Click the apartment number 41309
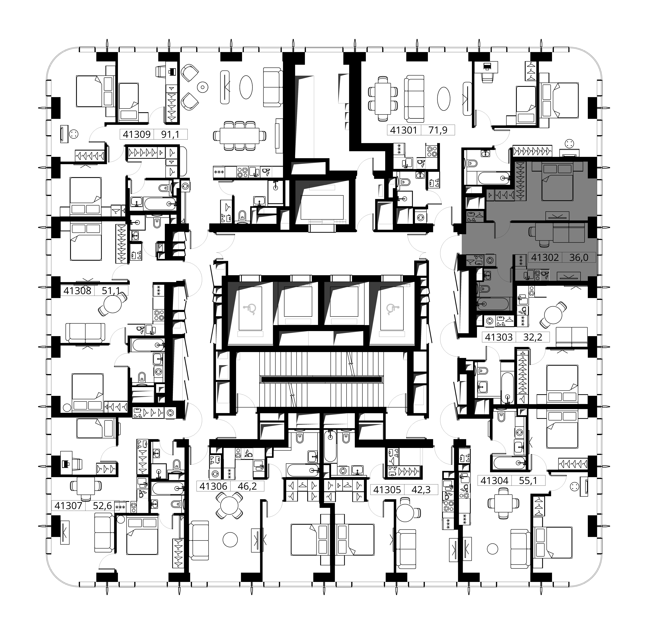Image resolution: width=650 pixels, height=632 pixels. pyautogui.click(x=137, y=134)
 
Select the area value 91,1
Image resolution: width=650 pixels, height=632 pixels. pyautogui.click(x=170, y=134)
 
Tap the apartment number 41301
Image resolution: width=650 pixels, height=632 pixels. pyautogui.click(x=403, y=130)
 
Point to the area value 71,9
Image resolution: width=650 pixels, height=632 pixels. pyautogui.click(x=438, y=130)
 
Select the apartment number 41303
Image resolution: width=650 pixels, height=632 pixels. pyautogui.click(x=499, y=337)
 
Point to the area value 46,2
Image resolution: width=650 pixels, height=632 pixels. pyautogui.click(x=247, y=486)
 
